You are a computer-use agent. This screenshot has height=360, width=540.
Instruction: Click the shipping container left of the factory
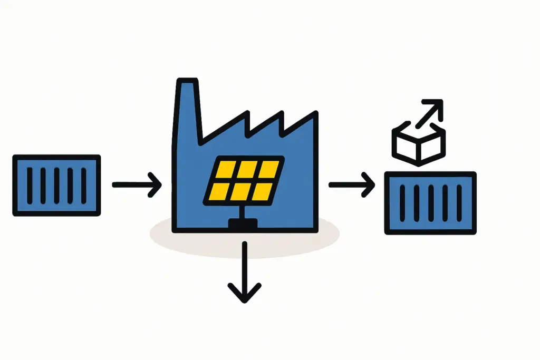pos(56,185)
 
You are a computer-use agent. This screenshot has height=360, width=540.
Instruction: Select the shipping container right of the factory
pos(431,203)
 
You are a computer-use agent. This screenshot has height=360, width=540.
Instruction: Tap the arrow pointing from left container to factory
pos(136,184)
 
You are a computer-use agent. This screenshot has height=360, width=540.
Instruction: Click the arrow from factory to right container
pos(351,184)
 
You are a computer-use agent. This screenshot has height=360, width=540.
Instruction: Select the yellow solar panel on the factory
pos(244,181)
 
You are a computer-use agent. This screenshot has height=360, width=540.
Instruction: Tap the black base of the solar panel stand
pos(243,225)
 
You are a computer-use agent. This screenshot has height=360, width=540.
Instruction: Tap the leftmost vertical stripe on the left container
pos(30,186)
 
